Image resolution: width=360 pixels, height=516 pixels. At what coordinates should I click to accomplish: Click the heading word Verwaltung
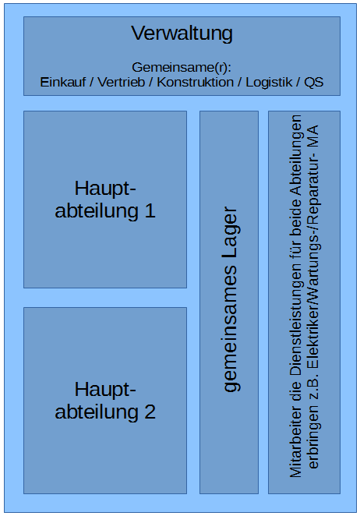pyautogui.click(x=182, y=34)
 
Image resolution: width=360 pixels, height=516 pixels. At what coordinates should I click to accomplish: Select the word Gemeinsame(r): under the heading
pyautogui.click(x=182, y=68)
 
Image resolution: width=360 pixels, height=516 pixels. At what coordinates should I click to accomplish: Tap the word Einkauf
pyautogui.click(x=63, y=82)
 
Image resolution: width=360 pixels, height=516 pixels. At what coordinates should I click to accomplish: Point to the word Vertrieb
pyautogui.click(x=122, y=82)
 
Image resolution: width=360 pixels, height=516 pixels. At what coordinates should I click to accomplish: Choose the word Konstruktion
pyautogui.click(x=195, y=82)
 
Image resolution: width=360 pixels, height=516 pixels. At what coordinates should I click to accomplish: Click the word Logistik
pyautogui.click(x=269, y=83)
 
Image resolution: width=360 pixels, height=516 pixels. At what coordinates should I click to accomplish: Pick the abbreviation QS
pyautogui.click(x=313, y=82)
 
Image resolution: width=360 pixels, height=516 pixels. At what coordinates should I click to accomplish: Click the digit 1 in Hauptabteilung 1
pyautogui.click(x=150, y=210)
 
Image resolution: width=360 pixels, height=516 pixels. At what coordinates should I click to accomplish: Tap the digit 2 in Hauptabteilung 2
pyautogui.click(x=150, y=412)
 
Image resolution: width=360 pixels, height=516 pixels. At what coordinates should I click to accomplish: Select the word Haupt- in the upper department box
pyautogui.click(x=105, y=189)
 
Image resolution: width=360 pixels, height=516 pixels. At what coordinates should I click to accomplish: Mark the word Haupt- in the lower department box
pyautogui.click(x=105, y=391)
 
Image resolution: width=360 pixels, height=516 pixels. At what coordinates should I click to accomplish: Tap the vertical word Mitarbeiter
pyautogui.click(x=295, y=442)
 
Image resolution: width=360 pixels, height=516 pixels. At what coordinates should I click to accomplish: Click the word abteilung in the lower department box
pyautogui.click(x=97, y=412)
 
